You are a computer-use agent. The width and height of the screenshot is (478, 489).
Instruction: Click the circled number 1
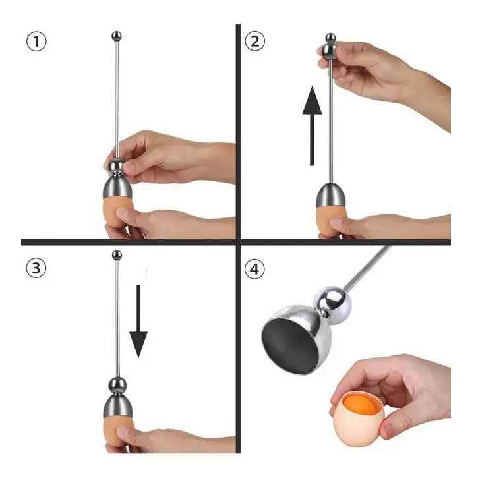coord(36,42)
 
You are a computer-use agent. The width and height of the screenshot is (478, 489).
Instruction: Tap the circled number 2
coord(255,42)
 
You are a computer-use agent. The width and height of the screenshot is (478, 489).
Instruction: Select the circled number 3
coord(36,268)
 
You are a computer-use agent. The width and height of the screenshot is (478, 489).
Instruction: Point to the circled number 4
coord(255,269)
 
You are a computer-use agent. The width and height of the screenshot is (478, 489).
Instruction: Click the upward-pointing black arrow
coord(312,125)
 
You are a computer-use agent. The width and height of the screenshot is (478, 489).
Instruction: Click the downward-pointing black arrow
coord(138,321)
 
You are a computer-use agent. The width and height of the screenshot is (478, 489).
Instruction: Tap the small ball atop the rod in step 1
coord(117,36)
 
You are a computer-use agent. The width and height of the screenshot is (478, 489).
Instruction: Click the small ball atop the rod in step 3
coord(117,256)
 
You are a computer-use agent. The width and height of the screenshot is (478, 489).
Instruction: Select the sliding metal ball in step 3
coord(117,385)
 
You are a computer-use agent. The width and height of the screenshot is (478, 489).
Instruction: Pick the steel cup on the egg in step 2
coord(332,195)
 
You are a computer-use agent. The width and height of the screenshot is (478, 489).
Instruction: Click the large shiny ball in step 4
coord(333,302)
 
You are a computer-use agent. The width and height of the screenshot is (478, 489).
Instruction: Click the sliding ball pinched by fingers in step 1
coord(117,165)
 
